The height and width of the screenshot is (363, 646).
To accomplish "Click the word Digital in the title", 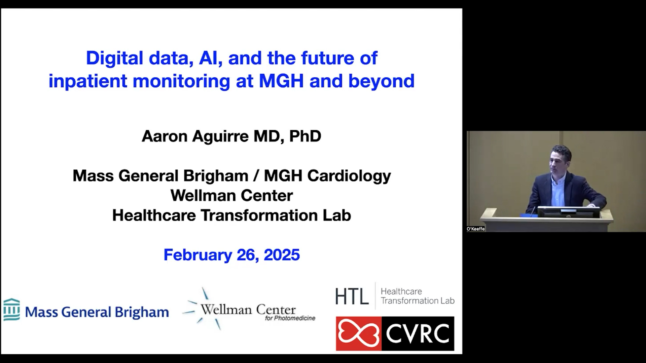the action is pyautogui.click(x=115, y=58).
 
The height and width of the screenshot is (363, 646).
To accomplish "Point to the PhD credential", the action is pyautogui.click(x=305, y=136).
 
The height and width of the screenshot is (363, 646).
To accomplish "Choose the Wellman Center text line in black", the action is pyautogui.click(x=231, y=195).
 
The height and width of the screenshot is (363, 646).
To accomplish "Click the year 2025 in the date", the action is pyautogui.click(x=282, y=255).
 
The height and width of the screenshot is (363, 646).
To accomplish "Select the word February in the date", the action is pyautogui.click(x=198, y=255).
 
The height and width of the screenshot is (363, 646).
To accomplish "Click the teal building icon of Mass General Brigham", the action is pyautogui.click(x=12, y=310).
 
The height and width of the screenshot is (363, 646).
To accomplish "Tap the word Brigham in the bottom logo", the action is pyautogui.click(x=142, y=312).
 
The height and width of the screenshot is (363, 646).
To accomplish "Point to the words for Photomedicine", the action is pyautogui.click(x=290, y=318).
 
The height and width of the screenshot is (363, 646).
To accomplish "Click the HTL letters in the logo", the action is pyautogui.click(x=352, y=296).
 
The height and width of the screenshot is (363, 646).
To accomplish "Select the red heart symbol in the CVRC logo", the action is pyautogui.click(x=359, y=333).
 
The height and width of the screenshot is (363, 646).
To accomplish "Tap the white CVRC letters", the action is pyautogui.click(x=418, y=333).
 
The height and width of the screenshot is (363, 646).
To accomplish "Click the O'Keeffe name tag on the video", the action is pyautogui.click(x=476, y=229).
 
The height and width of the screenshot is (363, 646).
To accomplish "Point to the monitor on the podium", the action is pyautogui.click(x=568, y=212).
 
